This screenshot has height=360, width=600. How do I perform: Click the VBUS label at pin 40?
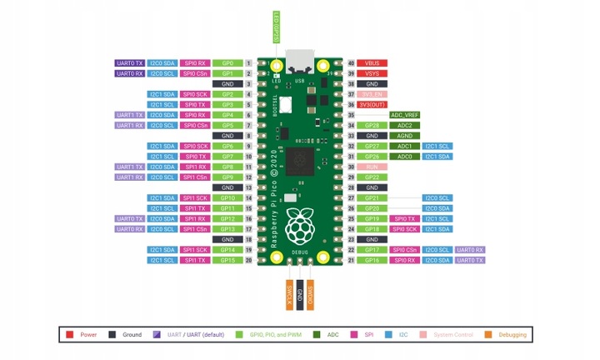click(372, 63)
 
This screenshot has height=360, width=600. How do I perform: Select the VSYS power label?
click(372, 73)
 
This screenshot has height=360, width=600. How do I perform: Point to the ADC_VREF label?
click(404, 115)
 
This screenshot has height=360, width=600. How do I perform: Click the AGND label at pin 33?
click(404, 136)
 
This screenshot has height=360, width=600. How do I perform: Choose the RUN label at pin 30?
click(372, 167)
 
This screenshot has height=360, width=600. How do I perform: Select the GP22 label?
click(372, 177)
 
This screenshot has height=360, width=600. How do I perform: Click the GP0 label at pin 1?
click(227, 63)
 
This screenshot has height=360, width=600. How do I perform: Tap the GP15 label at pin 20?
click(227, 260)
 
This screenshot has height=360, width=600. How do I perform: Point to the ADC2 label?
click(404, 125)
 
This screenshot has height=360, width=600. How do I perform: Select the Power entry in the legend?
click(84, 335)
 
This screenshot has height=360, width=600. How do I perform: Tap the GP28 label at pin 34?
click(372, 125)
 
